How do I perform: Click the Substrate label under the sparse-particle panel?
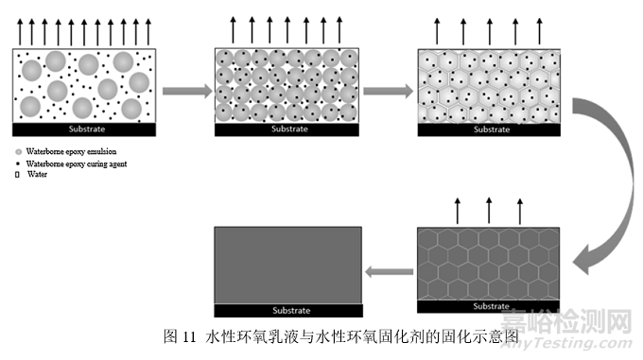(84, 129)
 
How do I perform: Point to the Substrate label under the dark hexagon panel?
(489, 306)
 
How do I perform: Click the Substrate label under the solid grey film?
(288, 310)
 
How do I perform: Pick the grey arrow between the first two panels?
(184, 91)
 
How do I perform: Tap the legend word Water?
(37, 174)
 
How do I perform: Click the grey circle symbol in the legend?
(18, 151)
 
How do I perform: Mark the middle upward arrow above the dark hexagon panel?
(489, 209)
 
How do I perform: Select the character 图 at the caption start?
(170, 334)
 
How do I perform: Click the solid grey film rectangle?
(288, 265)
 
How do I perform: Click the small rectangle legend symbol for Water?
(18, 174)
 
